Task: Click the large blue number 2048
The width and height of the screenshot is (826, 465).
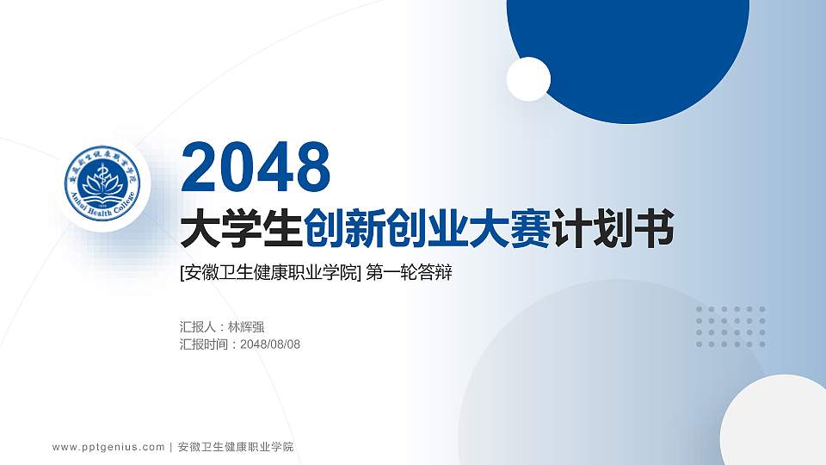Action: click(256, 167)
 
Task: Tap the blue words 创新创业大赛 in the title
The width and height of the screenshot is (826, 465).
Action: click(428, 230)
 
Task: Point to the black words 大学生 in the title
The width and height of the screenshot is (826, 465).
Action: click(242, 230)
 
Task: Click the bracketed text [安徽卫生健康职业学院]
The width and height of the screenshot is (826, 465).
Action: click(270, 274)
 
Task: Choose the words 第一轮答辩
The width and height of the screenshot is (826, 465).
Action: click(410, 274)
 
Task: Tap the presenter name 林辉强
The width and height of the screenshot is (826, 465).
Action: click(246, 327)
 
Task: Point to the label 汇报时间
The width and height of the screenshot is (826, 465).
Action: click(204, 344)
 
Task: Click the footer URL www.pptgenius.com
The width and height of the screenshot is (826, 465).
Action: click(108, 447)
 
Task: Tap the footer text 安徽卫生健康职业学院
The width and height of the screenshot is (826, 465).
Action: click(235, 447)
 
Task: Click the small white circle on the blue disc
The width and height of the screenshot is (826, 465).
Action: click(528, 78)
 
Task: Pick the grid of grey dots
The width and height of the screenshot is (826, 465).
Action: click(730, 326)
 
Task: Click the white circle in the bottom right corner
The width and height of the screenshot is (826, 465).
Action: click(774, 426)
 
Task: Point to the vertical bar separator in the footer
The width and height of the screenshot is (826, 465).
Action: click(171, 447)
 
